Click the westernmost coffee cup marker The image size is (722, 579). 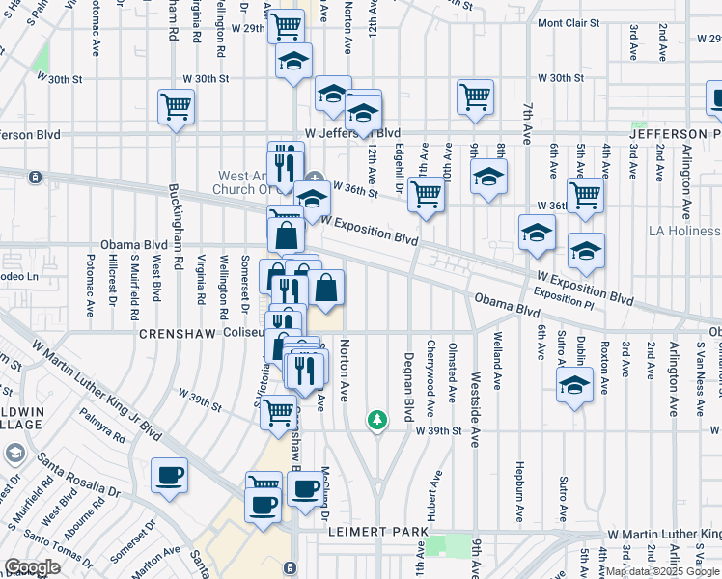pos(170,476)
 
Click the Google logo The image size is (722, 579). pos(32,567)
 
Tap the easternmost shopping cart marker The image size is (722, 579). pos(585,194)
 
